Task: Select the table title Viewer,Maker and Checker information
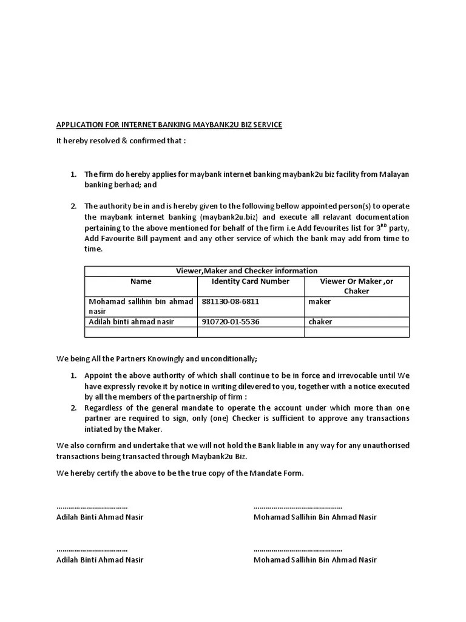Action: click(x=246, y=271)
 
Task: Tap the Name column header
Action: click(x=141, y=281)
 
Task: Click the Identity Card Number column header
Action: click(x=251, y=281)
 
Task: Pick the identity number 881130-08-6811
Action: click(x=231, y=301)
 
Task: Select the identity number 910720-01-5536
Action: click(x=231, y=321)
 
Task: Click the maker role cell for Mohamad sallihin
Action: click(x=319, y=301)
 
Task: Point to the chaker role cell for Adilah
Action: click(x=320, y=321)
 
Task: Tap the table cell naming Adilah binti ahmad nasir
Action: click(x=132, y=321)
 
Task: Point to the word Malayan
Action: click(x=394, y=174)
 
